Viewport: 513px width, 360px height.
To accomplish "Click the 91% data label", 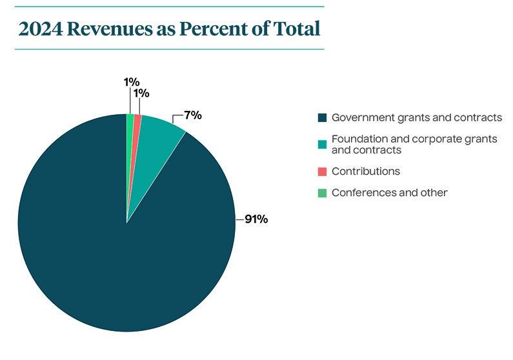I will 256,219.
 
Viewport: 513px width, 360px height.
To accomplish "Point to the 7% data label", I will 192,115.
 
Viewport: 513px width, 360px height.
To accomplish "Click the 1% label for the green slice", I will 131,82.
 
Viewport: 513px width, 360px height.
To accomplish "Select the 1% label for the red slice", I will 141,94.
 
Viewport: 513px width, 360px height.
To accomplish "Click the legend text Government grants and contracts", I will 416,117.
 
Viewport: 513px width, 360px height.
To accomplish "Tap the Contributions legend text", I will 365,172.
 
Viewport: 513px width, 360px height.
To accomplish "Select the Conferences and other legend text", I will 389,192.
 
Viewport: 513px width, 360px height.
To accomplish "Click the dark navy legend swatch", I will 322,118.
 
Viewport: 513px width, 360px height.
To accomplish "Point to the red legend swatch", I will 322,172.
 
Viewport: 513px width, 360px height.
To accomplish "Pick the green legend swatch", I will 322,193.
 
